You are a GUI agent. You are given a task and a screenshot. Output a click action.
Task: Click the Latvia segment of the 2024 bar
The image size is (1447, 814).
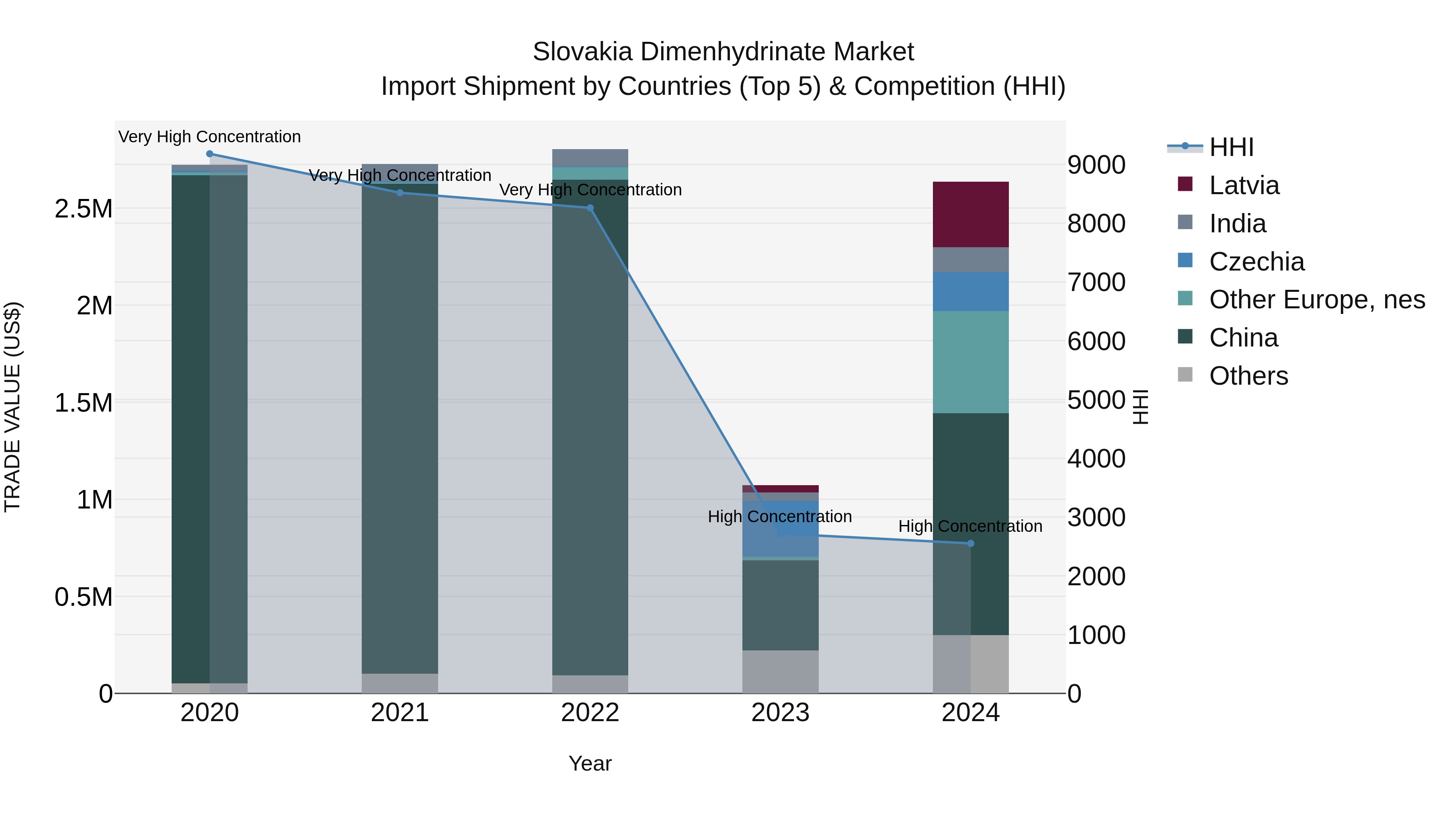coord(970,214)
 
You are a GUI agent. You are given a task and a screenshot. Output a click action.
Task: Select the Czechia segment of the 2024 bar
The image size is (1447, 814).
coord(970,291)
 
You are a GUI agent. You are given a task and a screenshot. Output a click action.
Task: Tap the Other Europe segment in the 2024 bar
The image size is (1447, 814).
coord(970,362)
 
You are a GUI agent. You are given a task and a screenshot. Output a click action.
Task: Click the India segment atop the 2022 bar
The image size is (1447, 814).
coord(590,158)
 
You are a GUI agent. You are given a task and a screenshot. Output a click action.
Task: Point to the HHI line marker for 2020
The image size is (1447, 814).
coord(209,154)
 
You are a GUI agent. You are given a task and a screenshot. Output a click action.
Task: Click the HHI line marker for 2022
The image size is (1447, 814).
coord(590,208)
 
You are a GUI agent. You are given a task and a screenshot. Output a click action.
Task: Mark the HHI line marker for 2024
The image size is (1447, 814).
coord(970,543)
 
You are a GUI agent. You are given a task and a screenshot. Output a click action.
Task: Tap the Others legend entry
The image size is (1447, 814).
coord(1248,376)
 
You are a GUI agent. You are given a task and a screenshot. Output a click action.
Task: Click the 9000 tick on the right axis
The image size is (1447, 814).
coord(1096,165)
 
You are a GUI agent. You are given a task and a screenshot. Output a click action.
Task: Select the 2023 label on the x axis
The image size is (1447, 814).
coord(780,713)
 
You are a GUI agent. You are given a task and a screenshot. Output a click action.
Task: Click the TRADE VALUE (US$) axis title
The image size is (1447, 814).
coord(12,407)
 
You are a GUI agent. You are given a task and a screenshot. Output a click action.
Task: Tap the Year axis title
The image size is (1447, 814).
coord(590,763)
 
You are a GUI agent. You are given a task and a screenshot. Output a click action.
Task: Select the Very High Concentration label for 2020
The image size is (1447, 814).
coord(209,137)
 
